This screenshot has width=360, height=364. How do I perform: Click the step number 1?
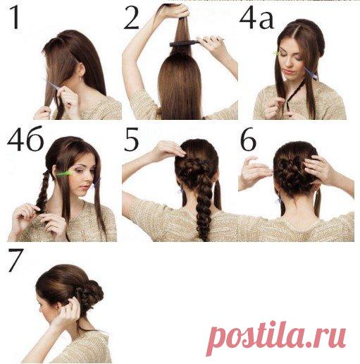point(15,18)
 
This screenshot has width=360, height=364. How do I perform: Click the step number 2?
point(132,18)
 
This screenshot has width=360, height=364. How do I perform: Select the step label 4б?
point(25,139)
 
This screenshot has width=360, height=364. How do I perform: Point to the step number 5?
point(132,140)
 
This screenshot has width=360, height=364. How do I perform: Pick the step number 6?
point(248,140)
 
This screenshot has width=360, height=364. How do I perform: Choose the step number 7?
point(16,260)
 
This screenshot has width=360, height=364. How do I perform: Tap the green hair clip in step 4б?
point(64,174)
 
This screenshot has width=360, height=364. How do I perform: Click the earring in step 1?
point(81,78)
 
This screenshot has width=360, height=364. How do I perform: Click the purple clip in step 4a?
point(311,73)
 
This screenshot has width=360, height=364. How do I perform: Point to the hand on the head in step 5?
point(168,149)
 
